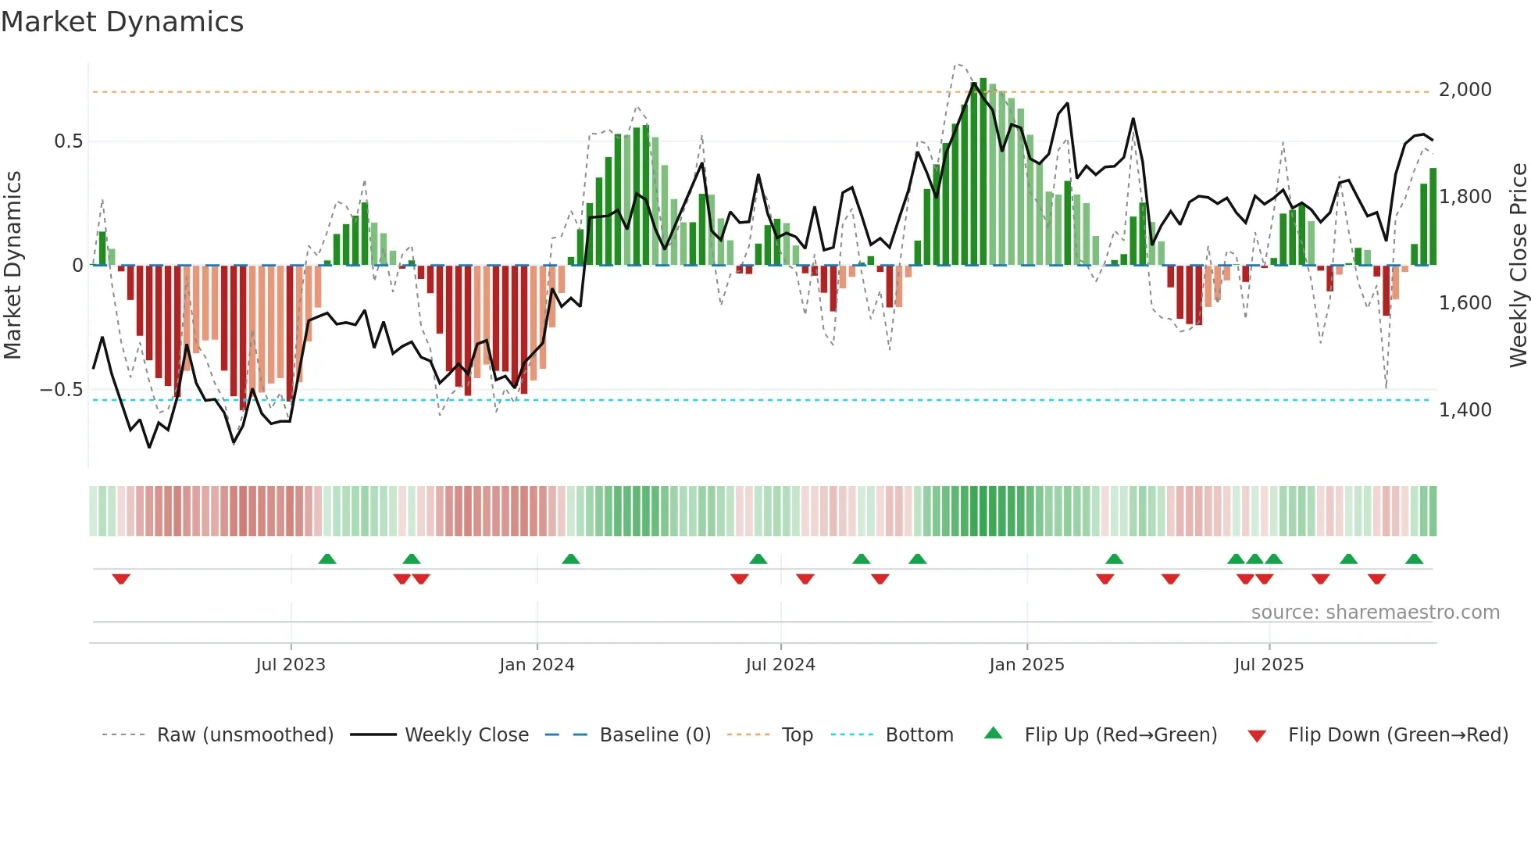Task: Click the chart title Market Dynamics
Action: pyautogui.click(x=123, y=22)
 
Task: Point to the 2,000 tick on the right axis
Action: pyautogui.click(x=1465, y=90)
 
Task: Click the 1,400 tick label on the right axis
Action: pyautogui.click(x=1465, y=410)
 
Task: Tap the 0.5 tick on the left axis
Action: pyautogui.click(x=68, y=141)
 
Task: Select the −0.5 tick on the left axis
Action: pyautogui.click(x=62, y=390)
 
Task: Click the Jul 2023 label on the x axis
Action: pyautogui.click(x=291, y=665)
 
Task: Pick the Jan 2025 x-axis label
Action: pyautogui.click(x=1026, y=665)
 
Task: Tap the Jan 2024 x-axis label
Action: pyautogui.click(x=537, y=665)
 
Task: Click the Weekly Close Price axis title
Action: pyautogui.click(x=1518, y=266)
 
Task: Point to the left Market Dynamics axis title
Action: pyautogui.click(x=12, y=266)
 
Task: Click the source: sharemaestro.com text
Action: pyautogui.click(x=1375, y=613)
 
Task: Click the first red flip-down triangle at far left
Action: pyautogui.click(x=121, y=579)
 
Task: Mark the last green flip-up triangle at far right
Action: pyautogui.click(x=1414, y=559)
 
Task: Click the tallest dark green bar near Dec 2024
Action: pyautogui.click(x=983, y=172)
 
